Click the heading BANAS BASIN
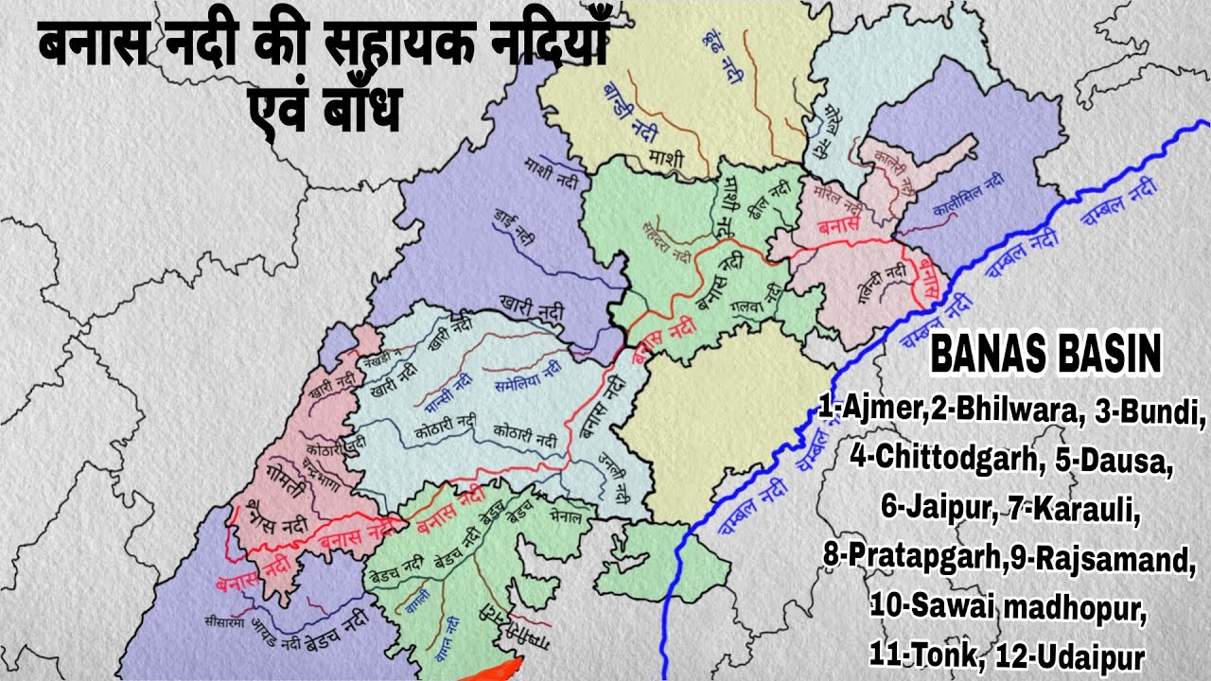(1046, 357)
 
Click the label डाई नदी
(514, 219)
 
